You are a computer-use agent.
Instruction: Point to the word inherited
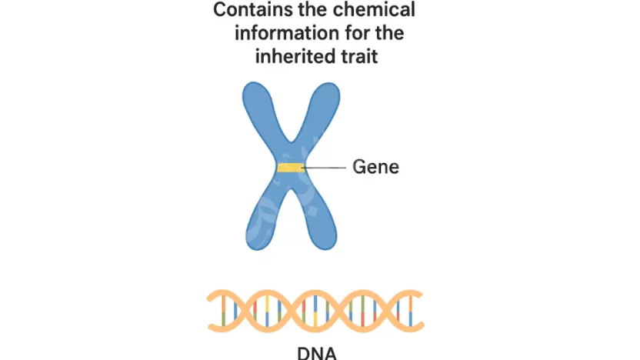pyautogui.click(x=298, y=56)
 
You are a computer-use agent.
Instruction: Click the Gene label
pyautogui.click(x=375, y=166)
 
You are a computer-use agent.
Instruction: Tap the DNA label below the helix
pyautogui.click(x=316, y=353)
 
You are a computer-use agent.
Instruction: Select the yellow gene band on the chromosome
pyautogui.click(x=290, y=168)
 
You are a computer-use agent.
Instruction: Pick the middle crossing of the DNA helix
pyautogui.click(x=315, y=310)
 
